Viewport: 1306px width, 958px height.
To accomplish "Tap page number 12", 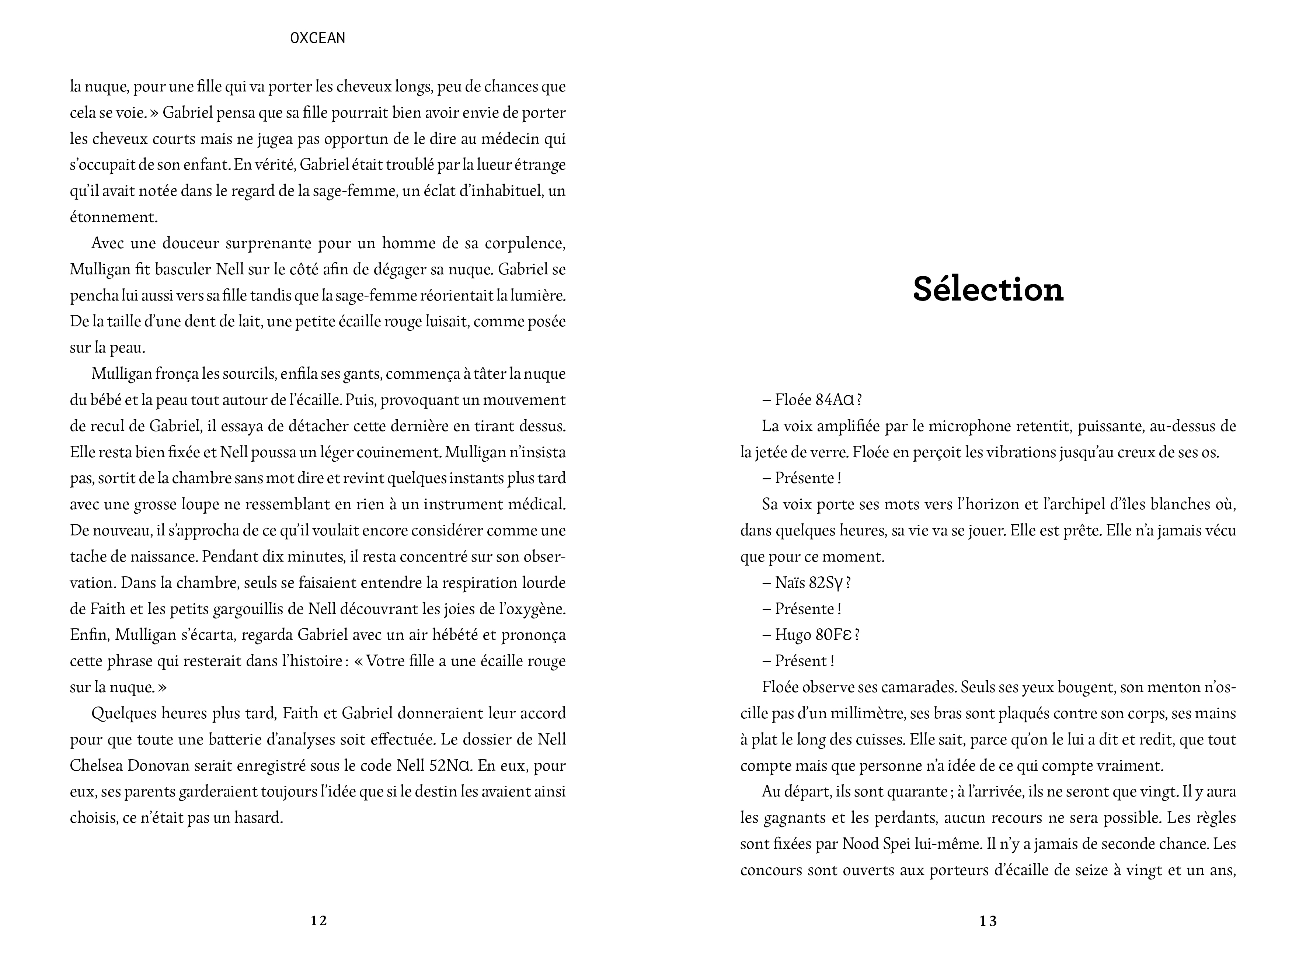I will click(x=319, y=920).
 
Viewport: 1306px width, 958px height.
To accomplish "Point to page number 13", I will click(x=988, y=920).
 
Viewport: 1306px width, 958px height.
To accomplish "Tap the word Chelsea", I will click(x=95, y=766).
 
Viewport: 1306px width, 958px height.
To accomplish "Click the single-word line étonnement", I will click(x=113, y=218).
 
